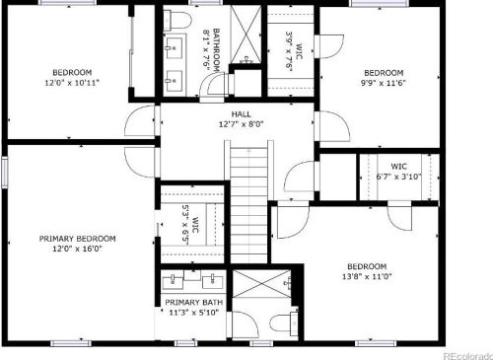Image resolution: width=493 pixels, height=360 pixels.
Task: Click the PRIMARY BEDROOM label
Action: click(x=77, y=239)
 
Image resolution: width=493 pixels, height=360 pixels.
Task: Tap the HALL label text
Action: click(x=242, y=114)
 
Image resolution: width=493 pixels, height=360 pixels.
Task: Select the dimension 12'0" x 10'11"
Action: click(x=72, y=83)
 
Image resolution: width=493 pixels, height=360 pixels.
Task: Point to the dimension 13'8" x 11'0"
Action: click(x=367, y=276)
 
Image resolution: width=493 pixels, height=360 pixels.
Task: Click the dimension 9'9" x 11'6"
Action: click(x=384, y=83)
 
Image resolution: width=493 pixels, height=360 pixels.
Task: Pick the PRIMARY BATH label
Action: click(x=193, y=302)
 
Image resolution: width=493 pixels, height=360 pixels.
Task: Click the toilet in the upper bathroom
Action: click(x=177, y=21)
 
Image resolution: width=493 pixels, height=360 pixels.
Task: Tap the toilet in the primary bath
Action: click(x=284, y=323)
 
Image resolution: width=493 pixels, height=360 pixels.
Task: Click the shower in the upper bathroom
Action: click(x=246, y=35)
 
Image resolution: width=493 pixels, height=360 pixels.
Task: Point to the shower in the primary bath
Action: click(x=261, y=283)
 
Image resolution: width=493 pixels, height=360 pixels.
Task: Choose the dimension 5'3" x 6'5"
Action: click(x=186, y=223)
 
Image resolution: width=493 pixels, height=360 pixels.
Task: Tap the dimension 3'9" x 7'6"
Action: click(x=289, y=51)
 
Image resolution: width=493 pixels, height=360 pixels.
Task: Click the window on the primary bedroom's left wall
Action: click(x=5, y=173)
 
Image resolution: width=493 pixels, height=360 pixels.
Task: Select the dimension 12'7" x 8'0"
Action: click(x=242, y=124)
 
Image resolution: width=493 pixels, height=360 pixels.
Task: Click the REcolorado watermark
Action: click(x=468, y=356)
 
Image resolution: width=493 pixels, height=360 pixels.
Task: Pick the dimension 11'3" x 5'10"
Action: click(x=193, y=313)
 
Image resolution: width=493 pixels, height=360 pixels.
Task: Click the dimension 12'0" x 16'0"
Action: click(x=77, y=249)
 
